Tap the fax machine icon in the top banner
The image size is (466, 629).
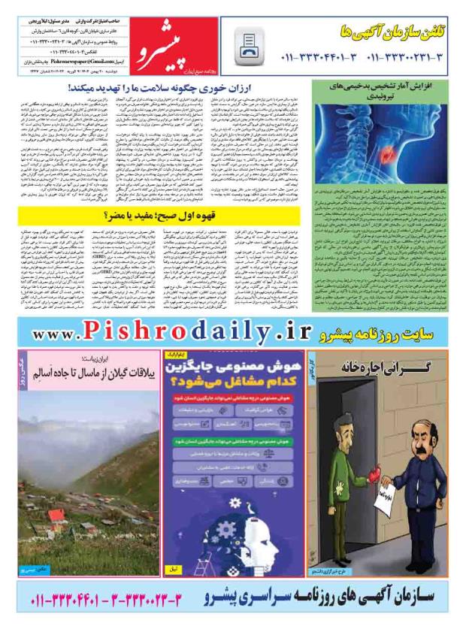pyautogui.click(x=249, y=48)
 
